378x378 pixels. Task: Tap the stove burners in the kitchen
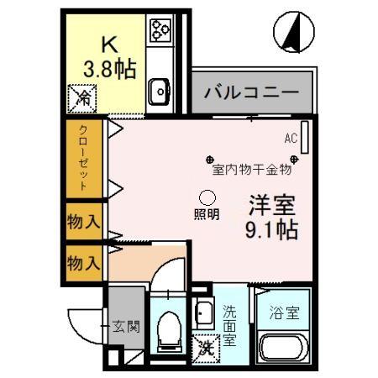click(160, 31)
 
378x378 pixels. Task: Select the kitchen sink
click(160, 87)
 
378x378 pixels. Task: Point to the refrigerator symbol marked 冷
click(82, 99)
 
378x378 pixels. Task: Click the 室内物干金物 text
click(251, 169)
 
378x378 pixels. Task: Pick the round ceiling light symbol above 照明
click(207, 195)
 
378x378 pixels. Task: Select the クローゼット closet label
click(83, 157)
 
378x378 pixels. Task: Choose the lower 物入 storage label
click(83, 263)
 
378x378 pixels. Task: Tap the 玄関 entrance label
click(126, 327)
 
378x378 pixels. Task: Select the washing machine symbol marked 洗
click(204, 344)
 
